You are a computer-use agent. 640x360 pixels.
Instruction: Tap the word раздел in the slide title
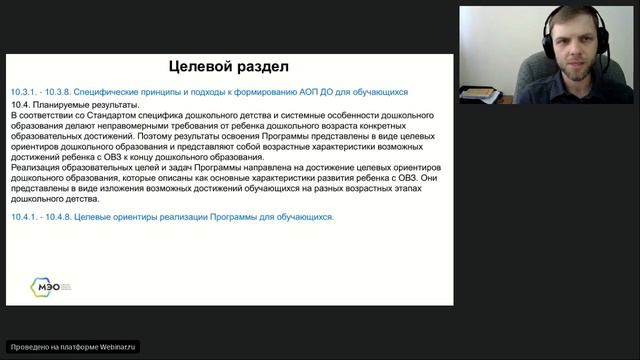pos(261,67)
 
